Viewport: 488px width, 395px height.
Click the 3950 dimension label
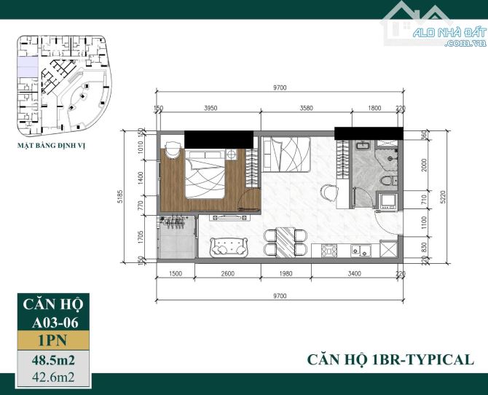(210, 108)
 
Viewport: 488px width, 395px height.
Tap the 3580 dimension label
(306, 108)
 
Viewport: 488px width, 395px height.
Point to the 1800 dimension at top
(374, 108)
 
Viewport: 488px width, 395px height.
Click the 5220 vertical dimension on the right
(443, 197)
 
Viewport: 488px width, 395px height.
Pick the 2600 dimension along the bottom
(227, 273)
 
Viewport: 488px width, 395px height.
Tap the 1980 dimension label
(286, 273)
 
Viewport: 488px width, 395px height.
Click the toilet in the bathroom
(389, 181)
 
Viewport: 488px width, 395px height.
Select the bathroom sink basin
(363, 145)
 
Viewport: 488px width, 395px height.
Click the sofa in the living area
(229, 248)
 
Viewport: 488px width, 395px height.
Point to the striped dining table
(285, 243)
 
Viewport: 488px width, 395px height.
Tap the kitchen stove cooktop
(329, 251)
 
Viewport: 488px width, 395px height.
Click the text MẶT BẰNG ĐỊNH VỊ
(51, 146)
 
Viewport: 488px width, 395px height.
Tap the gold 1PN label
(53, 340)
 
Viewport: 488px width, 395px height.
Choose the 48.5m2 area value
(53, 361)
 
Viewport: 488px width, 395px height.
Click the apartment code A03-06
(55, 322)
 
